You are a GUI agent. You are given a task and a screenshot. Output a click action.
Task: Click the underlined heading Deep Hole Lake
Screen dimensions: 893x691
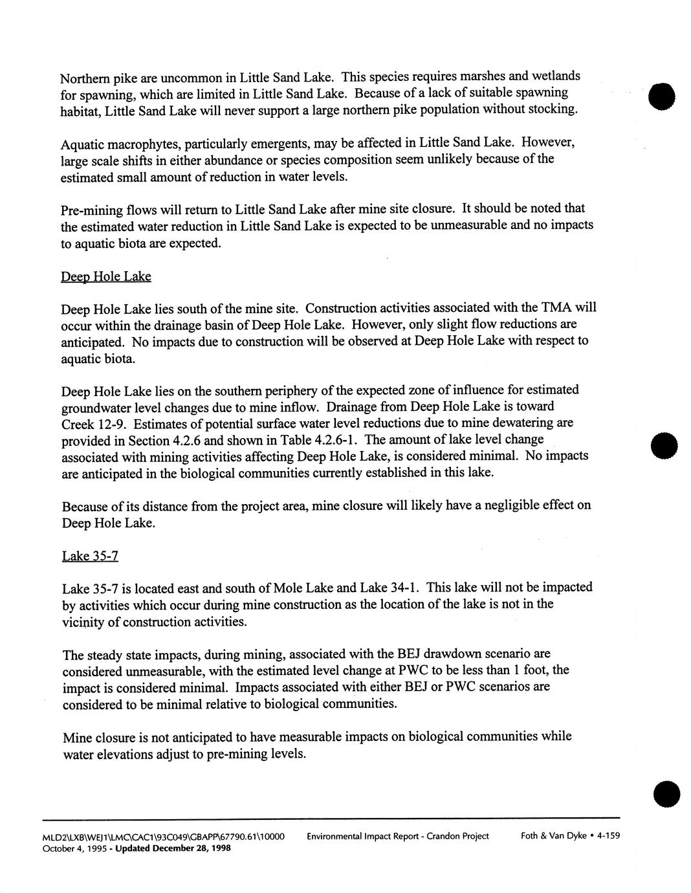pos(105,277)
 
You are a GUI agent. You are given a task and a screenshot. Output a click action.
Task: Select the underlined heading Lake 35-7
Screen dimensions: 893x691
pos(90,556)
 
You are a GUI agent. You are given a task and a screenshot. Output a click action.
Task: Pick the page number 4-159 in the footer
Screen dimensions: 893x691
pos(608,835)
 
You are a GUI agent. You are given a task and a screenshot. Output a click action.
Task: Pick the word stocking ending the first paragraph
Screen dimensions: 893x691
pos(554,108)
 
